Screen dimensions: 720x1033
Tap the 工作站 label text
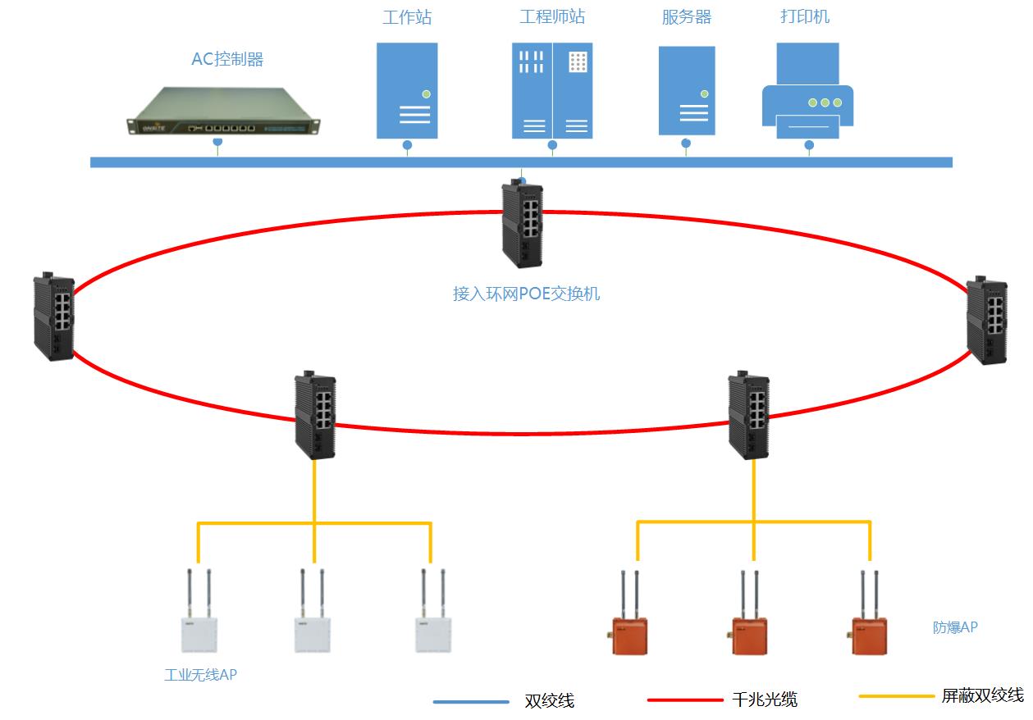tap(407, 17)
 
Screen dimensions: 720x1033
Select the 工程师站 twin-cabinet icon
tap(552, 90)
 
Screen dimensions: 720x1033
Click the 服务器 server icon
tap(687, 90)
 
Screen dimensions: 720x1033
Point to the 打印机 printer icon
tap(807, 91)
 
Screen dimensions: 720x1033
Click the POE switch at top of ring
tap(522, 224)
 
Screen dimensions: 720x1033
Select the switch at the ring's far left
tap(53, 317)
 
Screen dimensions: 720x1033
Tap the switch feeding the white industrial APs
tap(315, 415)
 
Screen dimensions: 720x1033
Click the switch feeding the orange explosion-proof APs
tap(748, 415)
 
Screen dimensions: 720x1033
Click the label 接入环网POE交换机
tap(527, 294)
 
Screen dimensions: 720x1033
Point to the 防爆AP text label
tap(955, 627)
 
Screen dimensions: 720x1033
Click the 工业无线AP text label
tap(201, 675)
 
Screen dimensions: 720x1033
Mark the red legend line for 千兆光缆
tap(684, 700)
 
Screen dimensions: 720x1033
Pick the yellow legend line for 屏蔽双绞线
tap(896, 696)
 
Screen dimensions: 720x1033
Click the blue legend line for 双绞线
tap(471, 702)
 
